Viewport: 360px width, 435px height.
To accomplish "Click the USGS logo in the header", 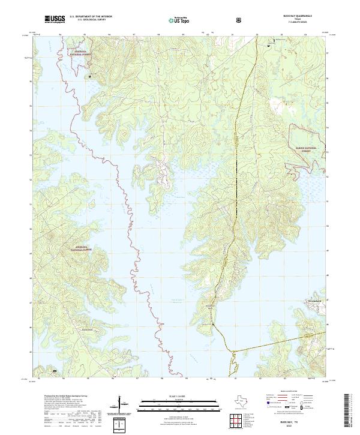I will click(55, 19).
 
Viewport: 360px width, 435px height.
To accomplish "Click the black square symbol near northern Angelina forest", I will click(90, 77).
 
